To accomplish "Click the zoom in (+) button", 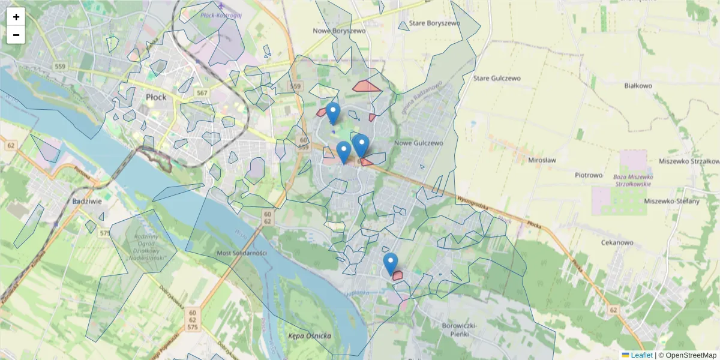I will coord(16,17).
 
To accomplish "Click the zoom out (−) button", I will coord(16,35).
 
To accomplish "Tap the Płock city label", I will coord(156,97).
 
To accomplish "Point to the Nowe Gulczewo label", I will coord(418,143).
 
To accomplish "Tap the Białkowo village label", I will coord(638,86).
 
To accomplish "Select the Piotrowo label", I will coord(588,175).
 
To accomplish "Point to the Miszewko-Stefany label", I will coord(671,201).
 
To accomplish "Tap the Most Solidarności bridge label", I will coord(241,253).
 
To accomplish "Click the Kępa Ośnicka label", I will coord(310,336).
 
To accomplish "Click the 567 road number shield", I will coord(202,92).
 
